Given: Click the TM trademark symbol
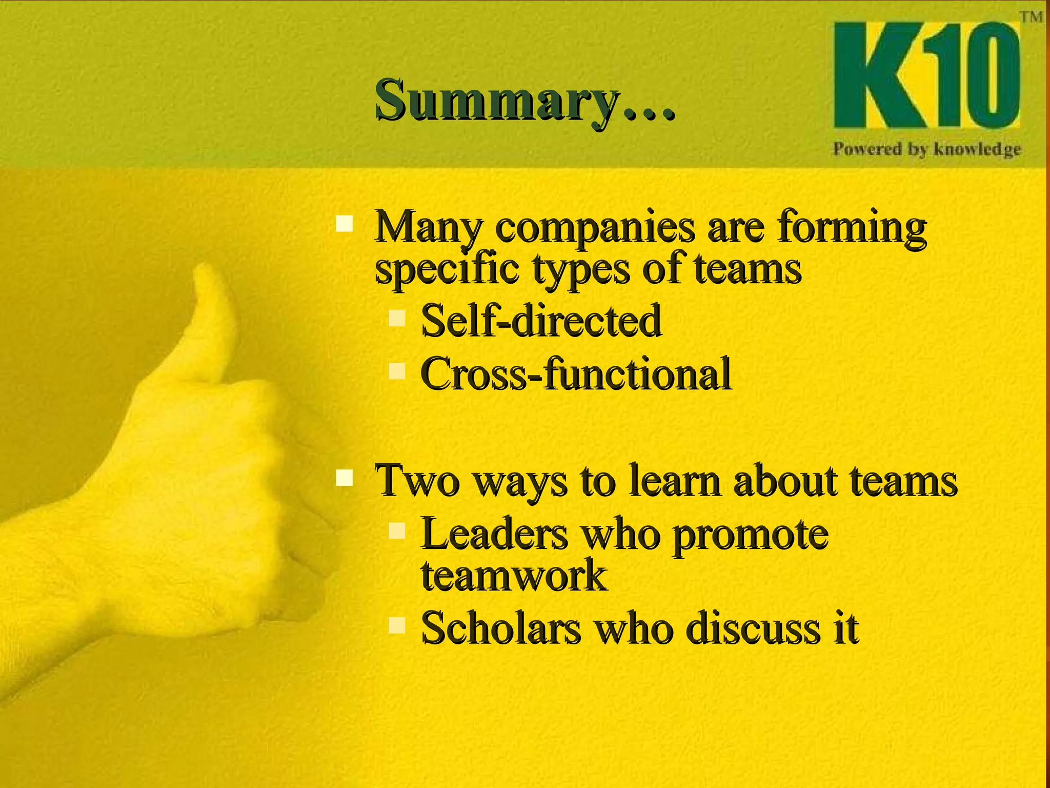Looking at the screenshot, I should coord(1031,17).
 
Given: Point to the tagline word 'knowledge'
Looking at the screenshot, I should coord(977,149).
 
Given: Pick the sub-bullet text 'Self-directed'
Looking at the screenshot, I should coord(541,321).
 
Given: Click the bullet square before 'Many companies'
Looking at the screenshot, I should coord(345,224).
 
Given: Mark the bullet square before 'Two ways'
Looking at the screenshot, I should coord(345,478).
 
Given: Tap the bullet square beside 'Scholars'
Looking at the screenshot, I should coord(397,625).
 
